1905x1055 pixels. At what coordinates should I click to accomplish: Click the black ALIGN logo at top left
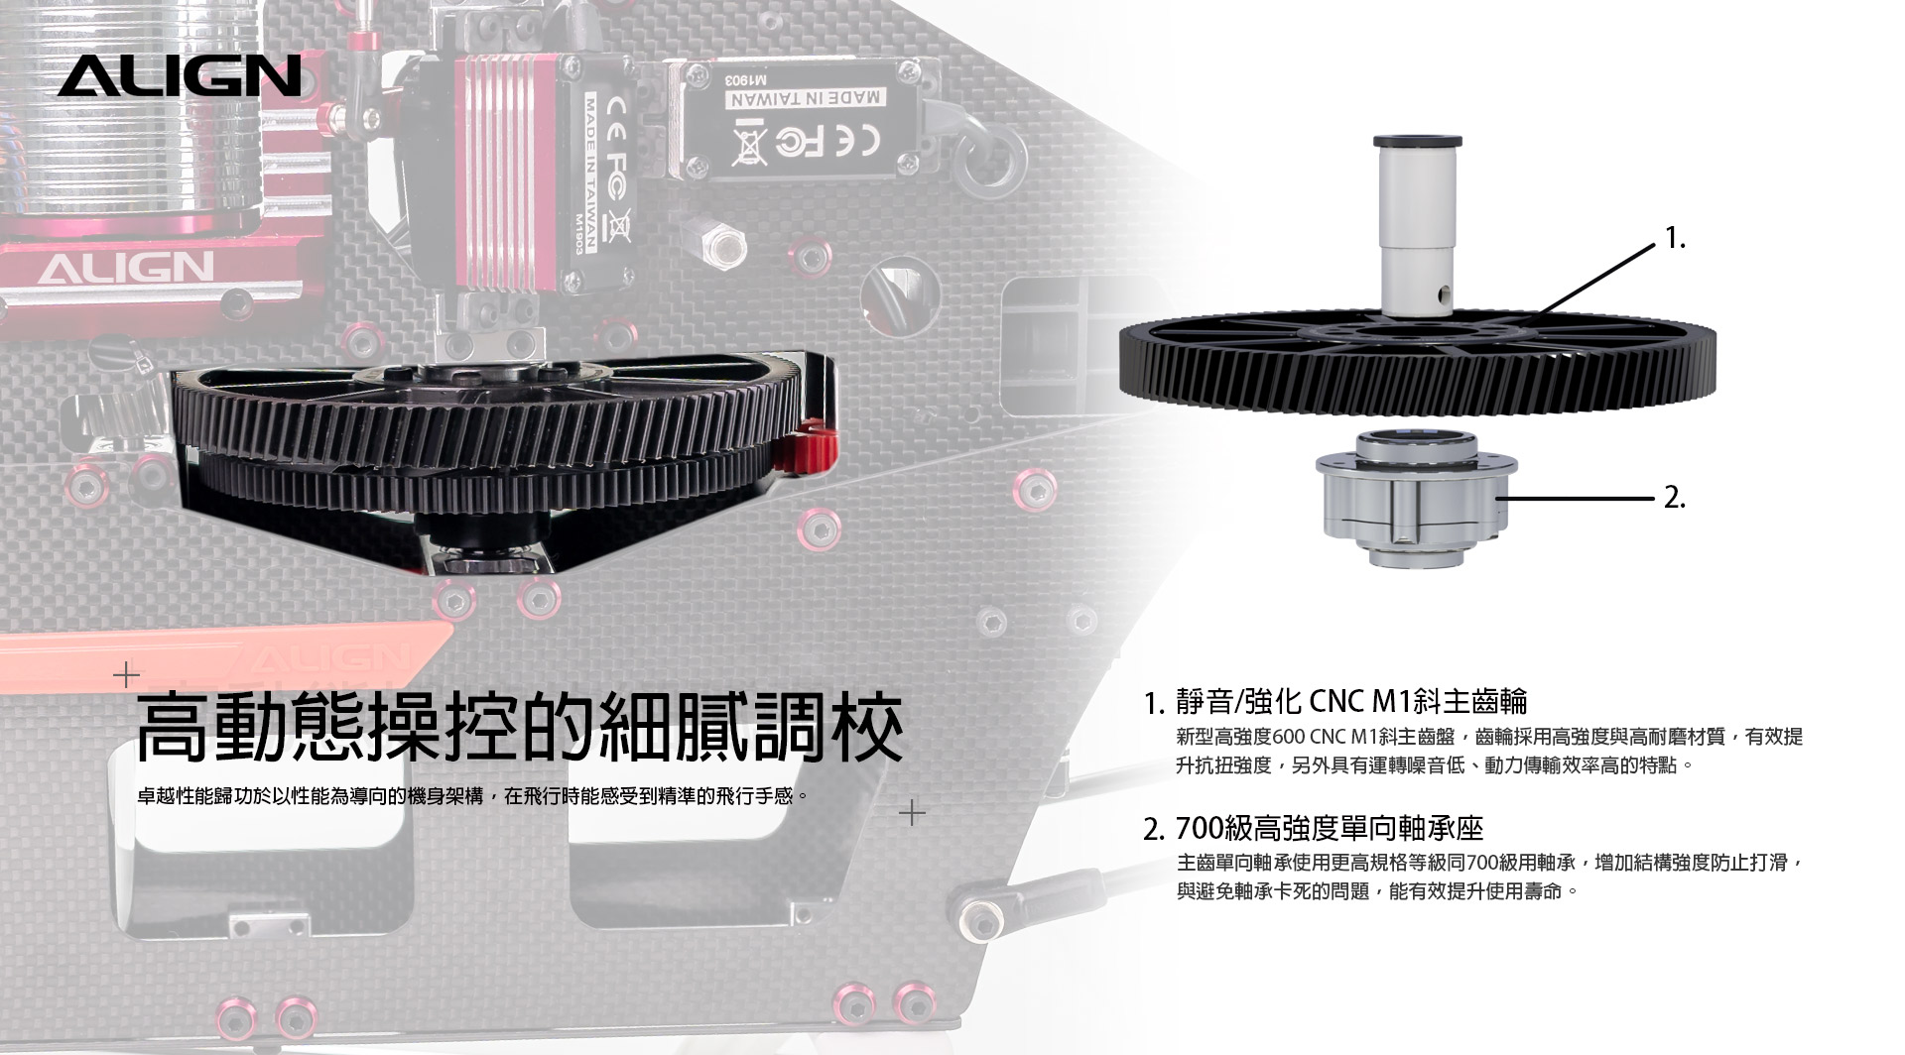pos(179,75)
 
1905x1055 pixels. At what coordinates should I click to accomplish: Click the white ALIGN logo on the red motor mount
pos(126,267)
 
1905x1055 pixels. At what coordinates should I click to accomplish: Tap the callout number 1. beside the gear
pos(1675,238)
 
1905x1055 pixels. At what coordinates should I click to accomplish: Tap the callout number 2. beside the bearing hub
pos(1675,498)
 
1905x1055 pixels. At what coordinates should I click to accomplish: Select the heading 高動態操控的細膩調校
pos(519,729)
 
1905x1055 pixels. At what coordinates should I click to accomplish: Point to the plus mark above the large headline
pos(126,675)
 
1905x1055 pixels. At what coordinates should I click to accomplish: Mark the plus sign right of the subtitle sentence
pos(912,813)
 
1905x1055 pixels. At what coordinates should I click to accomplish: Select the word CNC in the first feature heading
pos(1336,701)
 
